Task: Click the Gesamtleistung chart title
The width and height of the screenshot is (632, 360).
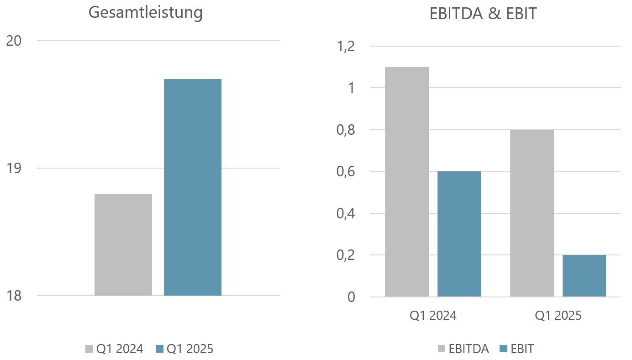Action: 145,13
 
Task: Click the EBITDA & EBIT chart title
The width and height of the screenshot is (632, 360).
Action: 483,14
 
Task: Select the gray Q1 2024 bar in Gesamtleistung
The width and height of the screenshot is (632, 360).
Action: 123,244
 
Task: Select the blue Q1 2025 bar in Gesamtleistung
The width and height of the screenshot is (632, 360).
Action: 193,187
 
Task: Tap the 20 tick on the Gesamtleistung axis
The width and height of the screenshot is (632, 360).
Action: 14,41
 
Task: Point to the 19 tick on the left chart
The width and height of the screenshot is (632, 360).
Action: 14,168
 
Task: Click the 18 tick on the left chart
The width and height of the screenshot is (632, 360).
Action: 14,296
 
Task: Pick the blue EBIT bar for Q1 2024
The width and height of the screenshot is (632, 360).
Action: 459,234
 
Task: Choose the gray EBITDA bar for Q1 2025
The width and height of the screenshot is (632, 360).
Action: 532,213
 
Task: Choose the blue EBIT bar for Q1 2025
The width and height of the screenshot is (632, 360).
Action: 584,276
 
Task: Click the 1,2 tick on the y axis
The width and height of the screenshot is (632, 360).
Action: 345,47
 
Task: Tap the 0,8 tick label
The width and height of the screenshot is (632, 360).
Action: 345,130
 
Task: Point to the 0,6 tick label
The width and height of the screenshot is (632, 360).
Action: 345,172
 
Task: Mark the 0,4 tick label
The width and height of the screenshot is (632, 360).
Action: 345,213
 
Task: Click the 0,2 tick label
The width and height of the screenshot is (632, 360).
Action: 345,255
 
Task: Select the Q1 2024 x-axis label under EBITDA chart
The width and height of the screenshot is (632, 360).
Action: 432,316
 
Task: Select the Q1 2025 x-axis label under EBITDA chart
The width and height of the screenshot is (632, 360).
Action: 558,316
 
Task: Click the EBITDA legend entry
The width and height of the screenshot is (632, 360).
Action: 463,349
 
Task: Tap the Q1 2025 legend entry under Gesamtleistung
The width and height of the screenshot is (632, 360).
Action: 184,349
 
